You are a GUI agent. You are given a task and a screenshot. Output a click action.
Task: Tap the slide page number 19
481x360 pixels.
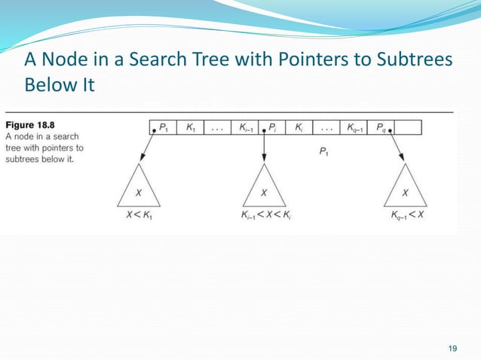[x=452, y=347]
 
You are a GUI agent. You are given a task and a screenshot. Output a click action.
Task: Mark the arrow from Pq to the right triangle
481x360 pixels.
[x=397, y=151]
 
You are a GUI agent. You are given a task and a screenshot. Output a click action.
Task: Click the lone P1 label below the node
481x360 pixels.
[x=323, y=152]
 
